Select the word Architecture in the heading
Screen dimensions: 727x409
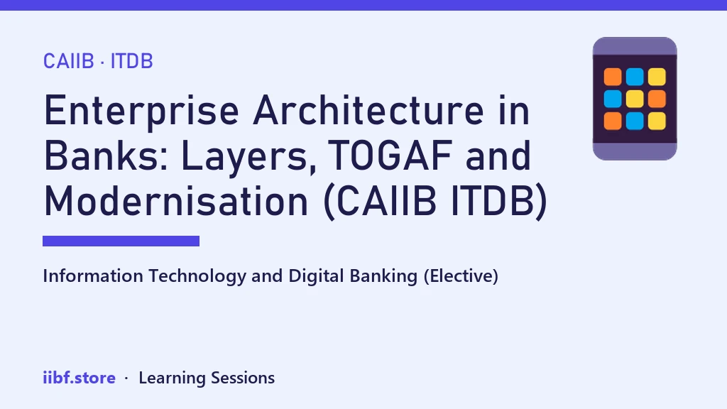click(x=368, y=110)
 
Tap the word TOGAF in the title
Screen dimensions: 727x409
click(x=390, y=156)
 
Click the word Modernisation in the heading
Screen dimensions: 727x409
click(x=176, y=201)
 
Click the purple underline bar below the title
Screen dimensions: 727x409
click(x=121, y=241)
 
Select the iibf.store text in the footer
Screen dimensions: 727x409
click(x=79, y=378)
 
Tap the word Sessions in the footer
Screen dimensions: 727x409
click(x=243, y=378)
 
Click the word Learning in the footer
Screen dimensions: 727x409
click(x=172, y=378)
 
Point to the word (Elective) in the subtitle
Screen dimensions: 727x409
click(x=461, y=276)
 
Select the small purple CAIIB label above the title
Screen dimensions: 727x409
click(x=69, y=61)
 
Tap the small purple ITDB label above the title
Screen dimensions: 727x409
click(x=131, y=61)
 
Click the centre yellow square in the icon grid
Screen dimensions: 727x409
click(x=635, y=99)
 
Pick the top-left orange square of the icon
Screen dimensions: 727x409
click(x=613, y=77)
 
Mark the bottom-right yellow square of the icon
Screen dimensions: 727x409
click(x=657, y=121)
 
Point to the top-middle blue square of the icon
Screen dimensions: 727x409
click(x=635, y=77)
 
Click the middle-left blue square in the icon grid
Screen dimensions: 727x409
click(x=613, y=99)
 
